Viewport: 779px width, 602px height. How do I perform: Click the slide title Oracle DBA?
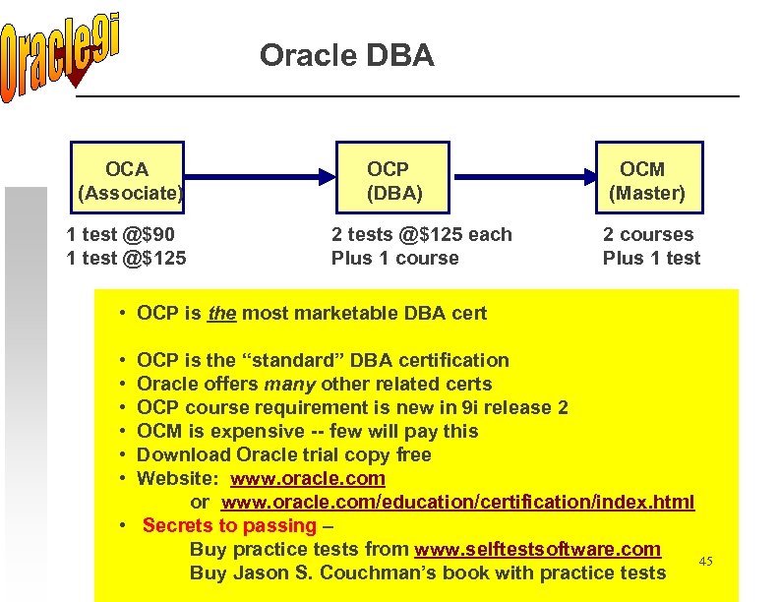tap(346, 56)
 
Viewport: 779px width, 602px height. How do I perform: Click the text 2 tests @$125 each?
tap(421, 234)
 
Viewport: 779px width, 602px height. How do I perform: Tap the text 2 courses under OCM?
tap(647, 234)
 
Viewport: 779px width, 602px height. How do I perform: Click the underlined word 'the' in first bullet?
tap(222, 314)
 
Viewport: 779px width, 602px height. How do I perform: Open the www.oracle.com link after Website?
tap(308, 478)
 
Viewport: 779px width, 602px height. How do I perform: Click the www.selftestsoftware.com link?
tap(537, 549)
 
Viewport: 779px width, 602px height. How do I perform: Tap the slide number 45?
tap(704, 561)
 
